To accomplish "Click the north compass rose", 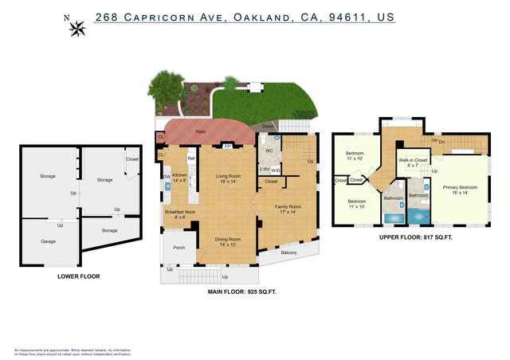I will coord(78,29).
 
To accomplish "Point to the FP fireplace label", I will coord(227,147).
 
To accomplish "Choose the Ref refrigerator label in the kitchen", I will coord(191,159).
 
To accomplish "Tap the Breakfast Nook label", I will coord(180,212).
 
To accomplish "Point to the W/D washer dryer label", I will coord(275,170).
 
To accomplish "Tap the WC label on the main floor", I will coord(269,150).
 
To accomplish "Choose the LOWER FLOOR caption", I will coord(78,276).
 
